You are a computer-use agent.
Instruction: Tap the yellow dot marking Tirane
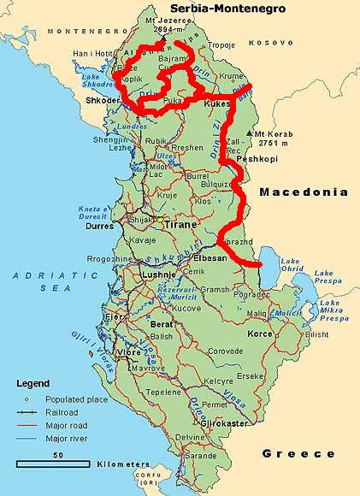(158, 220)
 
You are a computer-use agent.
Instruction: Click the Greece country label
(298, 453)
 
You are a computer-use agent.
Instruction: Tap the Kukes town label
(217, 103)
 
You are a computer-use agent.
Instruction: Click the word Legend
(33, 384)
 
